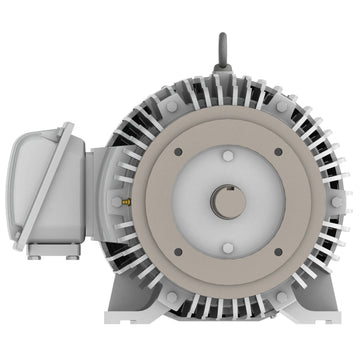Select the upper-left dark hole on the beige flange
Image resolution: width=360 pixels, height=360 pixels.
pyautogui.click(x=178, y=152)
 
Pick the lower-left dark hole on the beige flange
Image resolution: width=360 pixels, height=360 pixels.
pyautogui.click(x=178, y=251)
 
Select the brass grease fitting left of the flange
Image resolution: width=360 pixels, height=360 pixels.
pyautogui.click(x=128, y=200)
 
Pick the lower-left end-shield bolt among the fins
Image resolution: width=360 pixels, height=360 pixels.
pyautogui.click(x=171, y=297)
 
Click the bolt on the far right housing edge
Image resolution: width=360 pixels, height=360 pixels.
pyautogui.click(x=337, y=201)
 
